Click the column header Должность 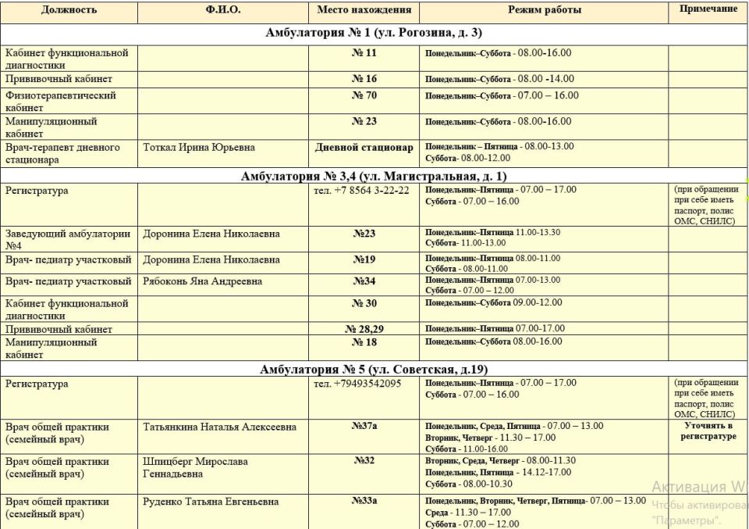pos(69,10)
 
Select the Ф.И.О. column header pos(223,10)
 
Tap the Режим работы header pos(544,10)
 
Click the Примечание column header pos(708,9)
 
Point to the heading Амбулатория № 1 pos(374,33)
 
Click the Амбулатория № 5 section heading pos(374,369)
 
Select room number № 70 pos(364,95)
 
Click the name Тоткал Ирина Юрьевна pos(199,147)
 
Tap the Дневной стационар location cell pos(364,147)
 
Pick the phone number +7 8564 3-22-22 pos(361,190)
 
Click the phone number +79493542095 pos(357,384)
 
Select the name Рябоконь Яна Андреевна pos(202,281)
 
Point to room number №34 pos(364,281)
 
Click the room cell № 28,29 pos(364,329)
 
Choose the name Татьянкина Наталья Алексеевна pos(220,427)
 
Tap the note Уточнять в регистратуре pos(708,431)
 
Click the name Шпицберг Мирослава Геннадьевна pos(195,467)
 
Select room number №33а pos(364,501)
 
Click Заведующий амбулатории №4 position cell pos(68,239)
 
